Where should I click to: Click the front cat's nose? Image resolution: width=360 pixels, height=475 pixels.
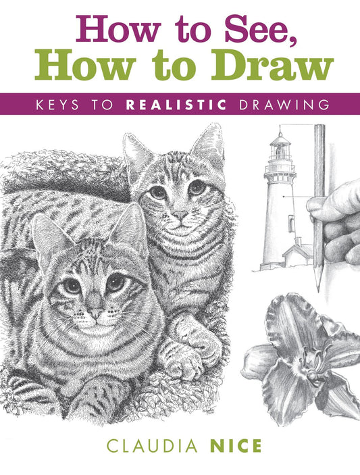pos(96,314)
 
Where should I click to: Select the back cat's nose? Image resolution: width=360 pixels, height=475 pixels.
pos(180,216)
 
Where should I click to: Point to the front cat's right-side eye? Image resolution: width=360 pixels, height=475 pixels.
pos(116,283)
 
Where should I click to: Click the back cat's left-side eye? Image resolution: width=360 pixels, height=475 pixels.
pos(157,193)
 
